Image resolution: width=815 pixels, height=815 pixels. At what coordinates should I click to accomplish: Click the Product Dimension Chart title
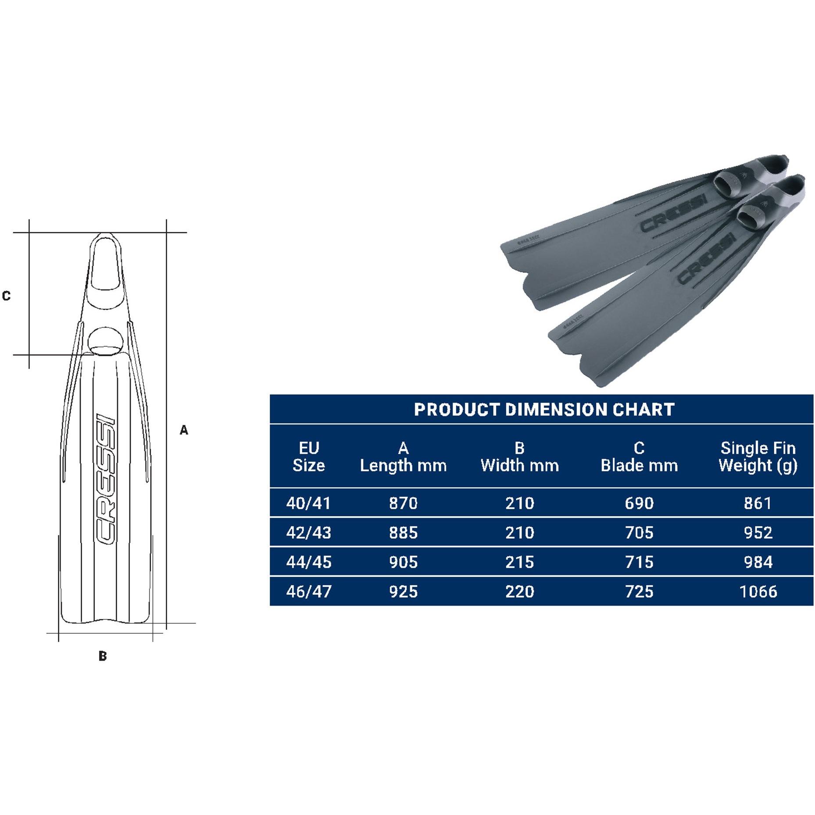[x=544, y=410]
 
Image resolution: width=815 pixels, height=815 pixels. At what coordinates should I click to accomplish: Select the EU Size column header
[x=308, y=457]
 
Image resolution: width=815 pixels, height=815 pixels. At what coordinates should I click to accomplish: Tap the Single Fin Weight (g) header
[x=758, y=457]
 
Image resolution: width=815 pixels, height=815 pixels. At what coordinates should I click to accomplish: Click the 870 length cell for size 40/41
[x=403, y=503]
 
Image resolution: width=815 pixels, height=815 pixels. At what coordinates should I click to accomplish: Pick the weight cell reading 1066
[x=758, y=592]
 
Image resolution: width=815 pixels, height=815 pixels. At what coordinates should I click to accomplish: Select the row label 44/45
[x=308, y=562]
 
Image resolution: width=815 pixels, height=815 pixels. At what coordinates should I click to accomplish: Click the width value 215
[x=519, y=562]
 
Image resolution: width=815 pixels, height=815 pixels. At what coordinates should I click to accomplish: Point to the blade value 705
[x=639, y=533]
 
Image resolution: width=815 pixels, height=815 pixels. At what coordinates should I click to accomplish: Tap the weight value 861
[x=758, y=503]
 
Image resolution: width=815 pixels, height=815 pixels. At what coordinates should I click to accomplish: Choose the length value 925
[x=403, y=592]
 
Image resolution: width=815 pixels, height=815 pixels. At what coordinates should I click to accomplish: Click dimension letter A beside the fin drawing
[x=184, y=430]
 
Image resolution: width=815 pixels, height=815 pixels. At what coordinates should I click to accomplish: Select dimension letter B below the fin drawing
[x=103, y=657]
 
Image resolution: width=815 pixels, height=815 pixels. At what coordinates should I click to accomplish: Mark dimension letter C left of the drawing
[x=6, y=296]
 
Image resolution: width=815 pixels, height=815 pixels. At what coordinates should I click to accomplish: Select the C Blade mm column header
[x=639, y=457]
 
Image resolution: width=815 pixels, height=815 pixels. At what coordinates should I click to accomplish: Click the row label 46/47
[x=308, y=592]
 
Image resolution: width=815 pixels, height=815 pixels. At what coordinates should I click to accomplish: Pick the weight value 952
[x=758, y=533]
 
